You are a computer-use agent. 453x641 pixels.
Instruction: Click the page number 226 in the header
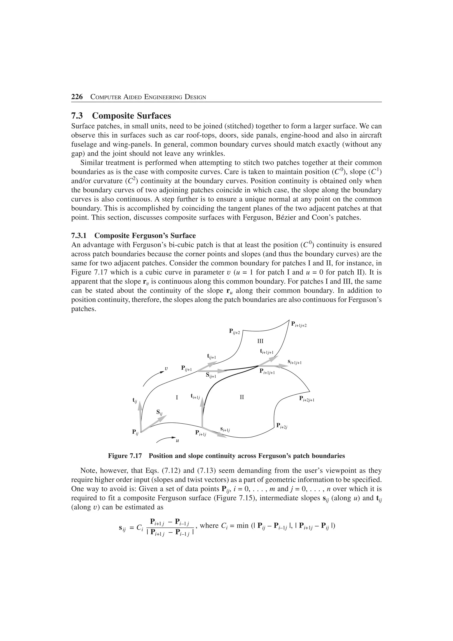[x=77, y=97]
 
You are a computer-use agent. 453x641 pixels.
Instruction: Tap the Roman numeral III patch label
[x=260, y=341]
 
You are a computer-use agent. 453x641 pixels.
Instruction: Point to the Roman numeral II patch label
[x=242, y=397]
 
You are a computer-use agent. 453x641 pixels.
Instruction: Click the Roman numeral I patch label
[x=177, y=397]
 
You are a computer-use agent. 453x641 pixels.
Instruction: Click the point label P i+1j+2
[x=299, y=324]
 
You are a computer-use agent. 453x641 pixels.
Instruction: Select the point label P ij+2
[x=234, y=332]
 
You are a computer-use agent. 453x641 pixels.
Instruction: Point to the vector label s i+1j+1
[x=294, y=362]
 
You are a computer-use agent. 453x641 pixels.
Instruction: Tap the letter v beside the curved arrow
[x=166, y=369]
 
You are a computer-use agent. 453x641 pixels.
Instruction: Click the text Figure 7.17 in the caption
[x=125, y=456]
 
